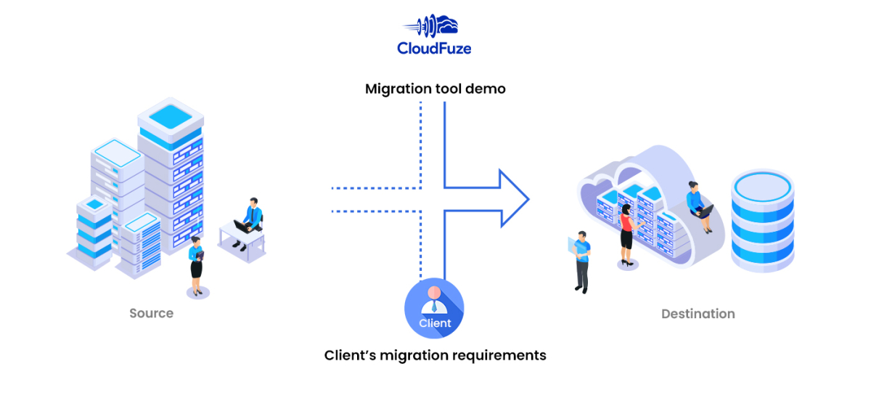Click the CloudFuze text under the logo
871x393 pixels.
click(434, 48)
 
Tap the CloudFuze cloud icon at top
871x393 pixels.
click(434, 25)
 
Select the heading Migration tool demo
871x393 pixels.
click(435, 89)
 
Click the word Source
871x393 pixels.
click(151, 313)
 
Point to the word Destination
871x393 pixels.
click(698, 314)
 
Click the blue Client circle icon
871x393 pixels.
click(434, 309)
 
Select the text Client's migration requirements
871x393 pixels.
click(435, 355)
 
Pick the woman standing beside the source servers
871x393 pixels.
click(196, 265)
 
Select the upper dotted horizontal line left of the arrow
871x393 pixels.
click(375, 188)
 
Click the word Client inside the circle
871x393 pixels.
click(435, 323)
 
